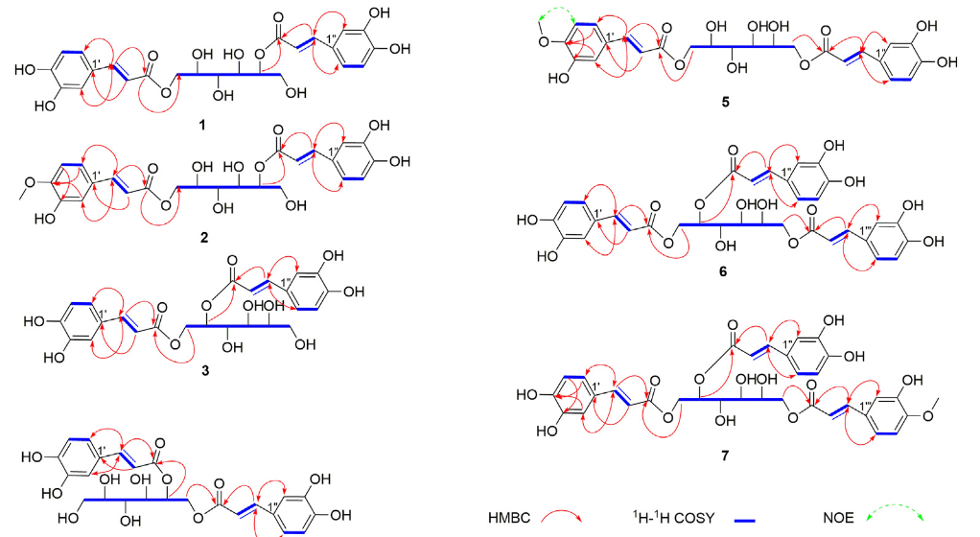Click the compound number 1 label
pos(202,125)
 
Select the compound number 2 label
pos(203,238)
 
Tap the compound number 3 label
pos(205,371)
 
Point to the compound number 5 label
pos(725,102)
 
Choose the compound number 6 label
pos(723,271)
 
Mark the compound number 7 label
pos(724,455)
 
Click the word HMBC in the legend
pos(509,518)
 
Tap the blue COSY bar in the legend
pos(745,520)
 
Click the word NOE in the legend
pos(838,518)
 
